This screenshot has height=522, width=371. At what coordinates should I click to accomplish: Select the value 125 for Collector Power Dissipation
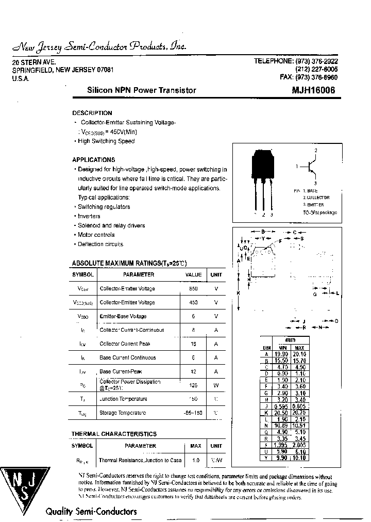pos(193,385)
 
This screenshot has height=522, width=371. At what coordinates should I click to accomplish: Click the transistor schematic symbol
pos(311,167)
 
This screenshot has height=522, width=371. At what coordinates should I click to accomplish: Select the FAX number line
pos(310,77)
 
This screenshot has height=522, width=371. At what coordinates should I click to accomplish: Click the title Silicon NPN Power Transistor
pos(141,90)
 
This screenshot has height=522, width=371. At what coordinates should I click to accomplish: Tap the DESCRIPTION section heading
pos(92,113)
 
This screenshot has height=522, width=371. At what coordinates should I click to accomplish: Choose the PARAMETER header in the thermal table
pos(140,446)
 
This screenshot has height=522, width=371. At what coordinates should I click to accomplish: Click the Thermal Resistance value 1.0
pos(196,460)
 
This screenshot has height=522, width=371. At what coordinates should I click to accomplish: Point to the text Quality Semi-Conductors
pos(91,512)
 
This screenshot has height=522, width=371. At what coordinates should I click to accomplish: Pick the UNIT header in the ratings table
pos(216,275)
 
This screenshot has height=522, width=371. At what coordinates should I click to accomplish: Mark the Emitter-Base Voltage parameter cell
pos(123,316)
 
